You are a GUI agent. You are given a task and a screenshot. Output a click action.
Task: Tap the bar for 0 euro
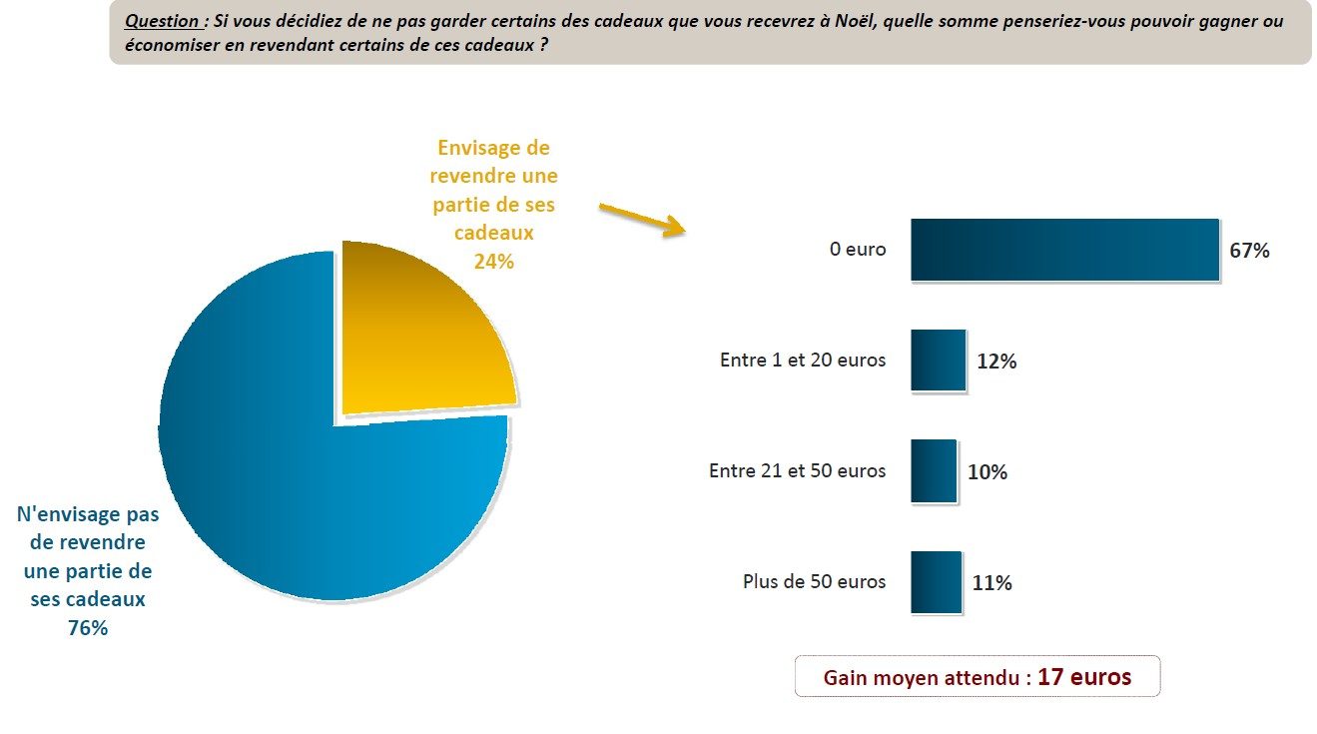[1064, 250]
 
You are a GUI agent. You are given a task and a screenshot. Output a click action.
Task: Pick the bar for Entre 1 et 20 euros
[938, 361]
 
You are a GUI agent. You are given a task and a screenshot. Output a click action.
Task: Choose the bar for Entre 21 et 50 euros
[934, 471]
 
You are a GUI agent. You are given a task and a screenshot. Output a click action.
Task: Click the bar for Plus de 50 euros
[936, 582]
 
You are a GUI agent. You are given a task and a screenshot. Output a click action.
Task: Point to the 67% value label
[1249, 251]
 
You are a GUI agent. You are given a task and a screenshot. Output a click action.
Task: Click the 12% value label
[996, 362]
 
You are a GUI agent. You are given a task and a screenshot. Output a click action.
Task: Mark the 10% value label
[988, 472]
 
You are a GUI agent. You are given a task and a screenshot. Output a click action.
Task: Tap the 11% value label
[991, 583]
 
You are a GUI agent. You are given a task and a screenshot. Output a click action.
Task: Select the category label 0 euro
[858, 250]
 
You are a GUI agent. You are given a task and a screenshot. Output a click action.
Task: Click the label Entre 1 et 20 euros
[803, 361]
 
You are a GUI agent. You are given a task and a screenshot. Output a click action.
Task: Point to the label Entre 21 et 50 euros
[797, 470]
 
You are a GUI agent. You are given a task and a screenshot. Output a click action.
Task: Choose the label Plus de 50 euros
[814, 581]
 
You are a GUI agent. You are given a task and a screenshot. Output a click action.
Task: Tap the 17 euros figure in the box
[1084, 677]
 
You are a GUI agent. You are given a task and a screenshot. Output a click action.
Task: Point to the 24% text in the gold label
[494, 262]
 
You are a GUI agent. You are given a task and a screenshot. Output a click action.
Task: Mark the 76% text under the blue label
[88, 628]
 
